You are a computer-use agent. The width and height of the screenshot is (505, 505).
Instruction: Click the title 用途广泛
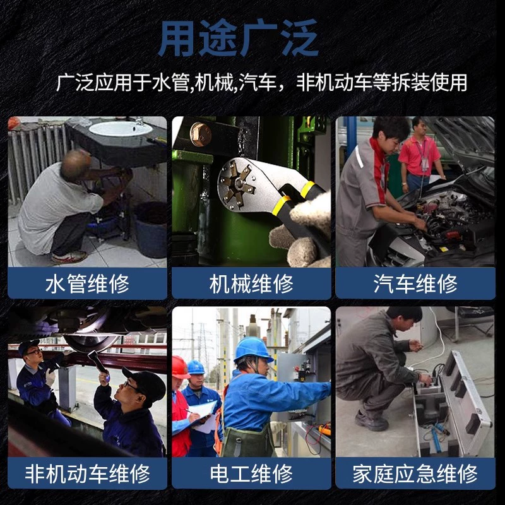coord(239,39)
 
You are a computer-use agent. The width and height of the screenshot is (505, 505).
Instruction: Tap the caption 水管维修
coord(87,283)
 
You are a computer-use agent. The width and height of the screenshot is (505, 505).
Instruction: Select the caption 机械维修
coord(251,283)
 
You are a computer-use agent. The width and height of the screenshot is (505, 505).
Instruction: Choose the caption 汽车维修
coord(415,283)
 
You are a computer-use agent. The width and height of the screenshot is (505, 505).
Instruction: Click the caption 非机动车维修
coord(87,473)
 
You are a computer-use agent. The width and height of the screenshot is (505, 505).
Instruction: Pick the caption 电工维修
coord(251,473)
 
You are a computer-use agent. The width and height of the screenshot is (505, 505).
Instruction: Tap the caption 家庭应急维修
coord(415,473)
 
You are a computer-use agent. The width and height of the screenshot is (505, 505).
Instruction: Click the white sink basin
coord(121,129)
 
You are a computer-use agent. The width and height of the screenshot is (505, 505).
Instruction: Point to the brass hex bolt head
coord(200,134)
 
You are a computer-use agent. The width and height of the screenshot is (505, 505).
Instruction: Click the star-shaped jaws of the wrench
coord(238,184)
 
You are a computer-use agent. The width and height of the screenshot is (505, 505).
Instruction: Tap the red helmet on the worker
coord(180,367)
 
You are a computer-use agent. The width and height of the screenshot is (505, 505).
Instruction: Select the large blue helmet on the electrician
coord(253,350)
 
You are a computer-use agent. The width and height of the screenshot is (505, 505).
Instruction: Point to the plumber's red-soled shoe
coord(69,258)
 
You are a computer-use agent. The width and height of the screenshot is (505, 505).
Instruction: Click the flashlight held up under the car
coord(98,362)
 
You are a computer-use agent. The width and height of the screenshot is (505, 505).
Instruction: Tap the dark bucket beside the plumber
coord(151,229)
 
